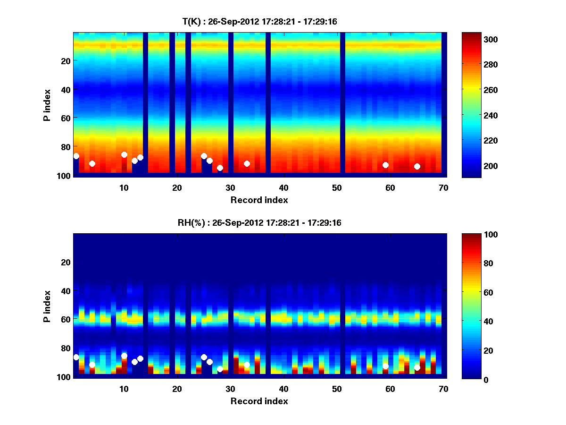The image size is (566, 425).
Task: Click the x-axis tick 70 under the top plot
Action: pyautogui.click(x=443, y=187)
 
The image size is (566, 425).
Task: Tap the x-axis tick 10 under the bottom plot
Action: pyautogui.click(x=124, y=389)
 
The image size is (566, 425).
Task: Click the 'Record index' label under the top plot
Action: pyautogui.click(x=259, y=200)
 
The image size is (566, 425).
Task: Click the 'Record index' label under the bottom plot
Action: pyautogui.click(x=259, y=401)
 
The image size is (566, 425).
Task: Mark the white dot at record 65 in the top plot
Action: pyautogui.click(x=417, y=166)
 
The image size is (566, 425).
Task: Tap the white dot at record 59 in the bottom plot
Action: pyautogui.click(x=385, y=366)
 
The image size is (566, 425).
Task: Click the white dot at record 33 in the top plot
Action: pyautogui.click(x=247, y=163)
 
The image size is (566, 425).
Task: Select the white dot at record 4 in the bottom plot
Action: pyautogui.click(x=92, y=365)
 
